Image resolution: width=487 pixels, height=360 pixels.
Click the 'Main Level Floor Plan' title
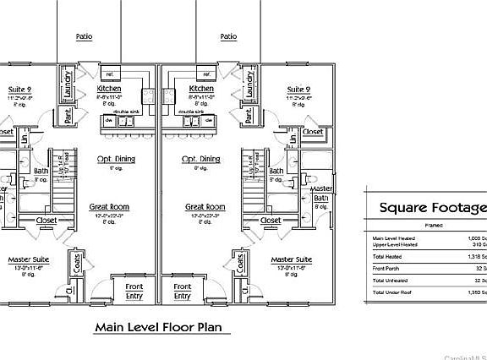161,326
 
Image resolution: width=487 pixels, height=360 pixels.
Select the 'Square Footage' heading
432,208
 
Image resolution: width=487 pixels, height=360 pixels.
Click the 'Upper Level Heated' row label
394,244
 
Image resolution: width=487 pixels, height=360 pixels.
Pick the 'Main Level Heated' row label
393,237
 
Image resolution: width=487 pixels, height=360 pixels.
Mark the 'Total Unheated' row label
390,279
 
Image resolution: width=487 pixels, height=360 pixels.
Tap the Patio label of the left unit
84,36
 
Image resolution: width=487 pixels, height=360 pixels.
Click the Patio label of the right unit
227,36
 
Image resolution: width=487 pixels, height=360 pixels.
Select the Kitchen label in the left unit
110,88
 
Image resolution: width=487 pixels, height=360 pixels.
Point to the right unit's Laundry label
249,85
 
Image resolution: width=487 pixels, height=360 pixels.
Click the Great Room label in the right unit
205,206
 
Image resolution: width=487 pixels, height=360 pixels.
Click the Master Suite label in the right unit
290,259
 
